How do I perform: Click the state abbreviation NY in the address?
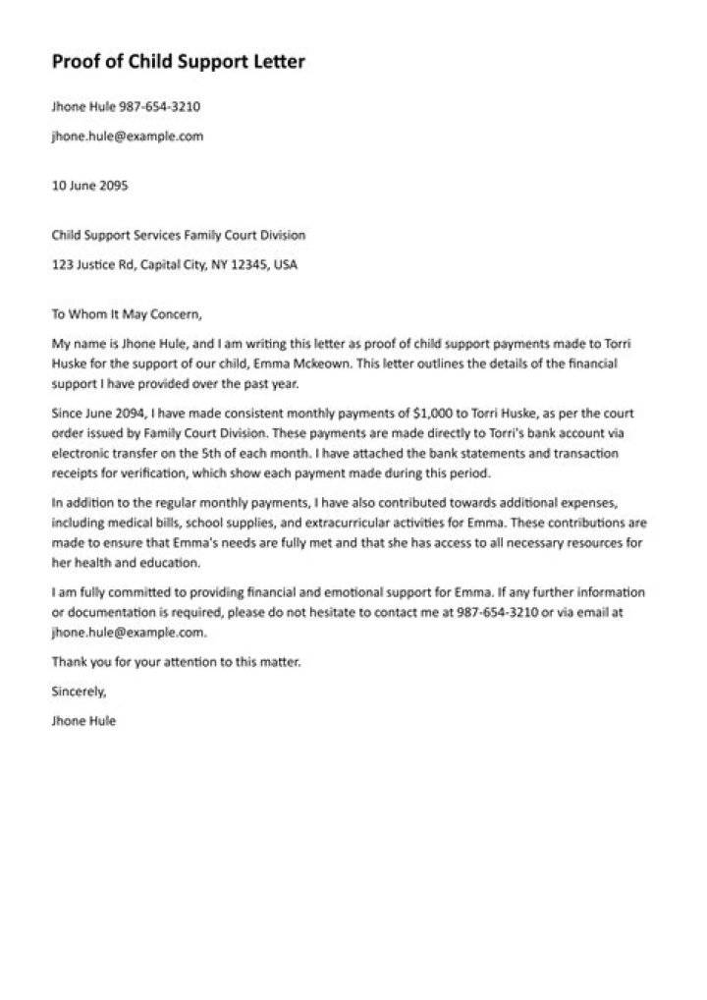(x=219, y=265)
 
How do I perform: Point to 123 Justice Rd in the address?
(x=93, y=265)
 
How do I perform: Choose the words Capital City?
(x=173, y=265)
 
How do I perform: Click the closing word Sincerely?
(x=78, y=692)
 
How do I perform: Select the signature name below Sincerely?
(x=83, y=720)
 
